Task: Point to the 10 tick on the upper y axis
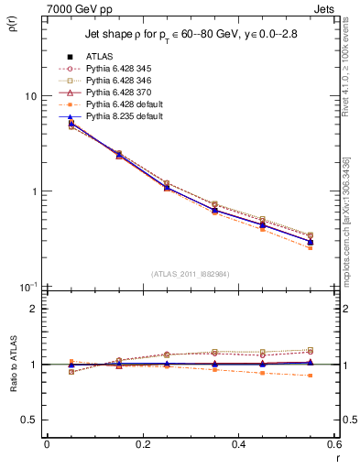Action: click(31, 96)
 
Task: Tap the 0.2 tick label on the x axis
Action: click(142, 444)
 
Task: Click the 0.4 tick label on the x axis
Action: click(238, 444)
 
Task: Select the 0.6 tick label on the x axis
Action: click(333, 444)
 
